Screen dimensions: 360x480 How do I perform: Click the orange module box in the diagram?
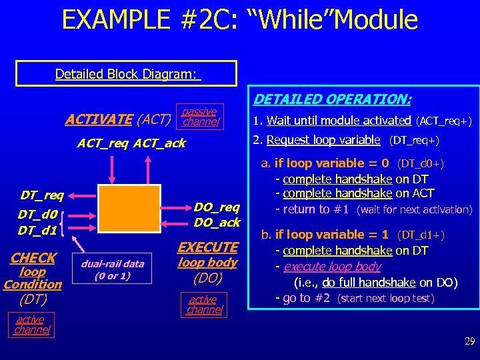coord(130,209)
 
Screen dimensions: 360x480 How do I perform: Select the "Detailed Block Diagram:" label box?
coord(127,74)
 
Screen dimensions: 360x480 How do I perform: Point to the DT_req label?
coord(42,195)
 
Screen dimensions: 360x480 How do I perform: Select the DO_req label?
coord(216,207)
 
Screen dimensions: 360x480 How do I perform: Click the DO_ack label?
coord(216,222)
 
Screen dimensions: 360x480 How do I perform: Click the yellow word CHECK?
coord(33,257)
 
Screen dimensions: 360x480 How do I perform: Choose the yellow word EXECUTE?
coord(207,247)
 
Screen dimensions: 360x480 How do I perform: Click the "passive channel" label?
coord(200,117)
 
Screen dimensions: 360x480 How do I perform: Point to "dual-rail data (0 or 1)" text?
coord(112,269)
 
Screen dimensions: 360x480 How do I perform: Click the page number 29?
coord(469,341)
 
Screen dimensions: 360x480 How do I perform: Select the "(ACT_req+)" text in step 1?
coord(443,121)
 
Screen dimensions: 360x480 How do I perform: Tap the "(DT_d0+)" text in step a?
coord(421,163)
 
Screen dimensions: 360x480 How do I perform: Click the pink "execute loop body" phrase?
coord(332,267)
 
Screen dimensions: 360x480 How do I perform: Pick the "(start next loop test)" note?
coord(386,299)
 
